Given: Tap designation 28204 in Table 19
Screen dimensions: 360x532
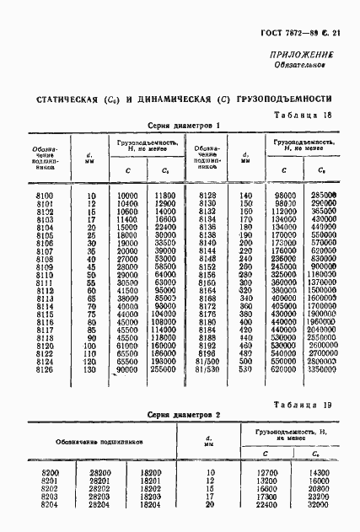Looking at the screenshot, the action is pos(99,504).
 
